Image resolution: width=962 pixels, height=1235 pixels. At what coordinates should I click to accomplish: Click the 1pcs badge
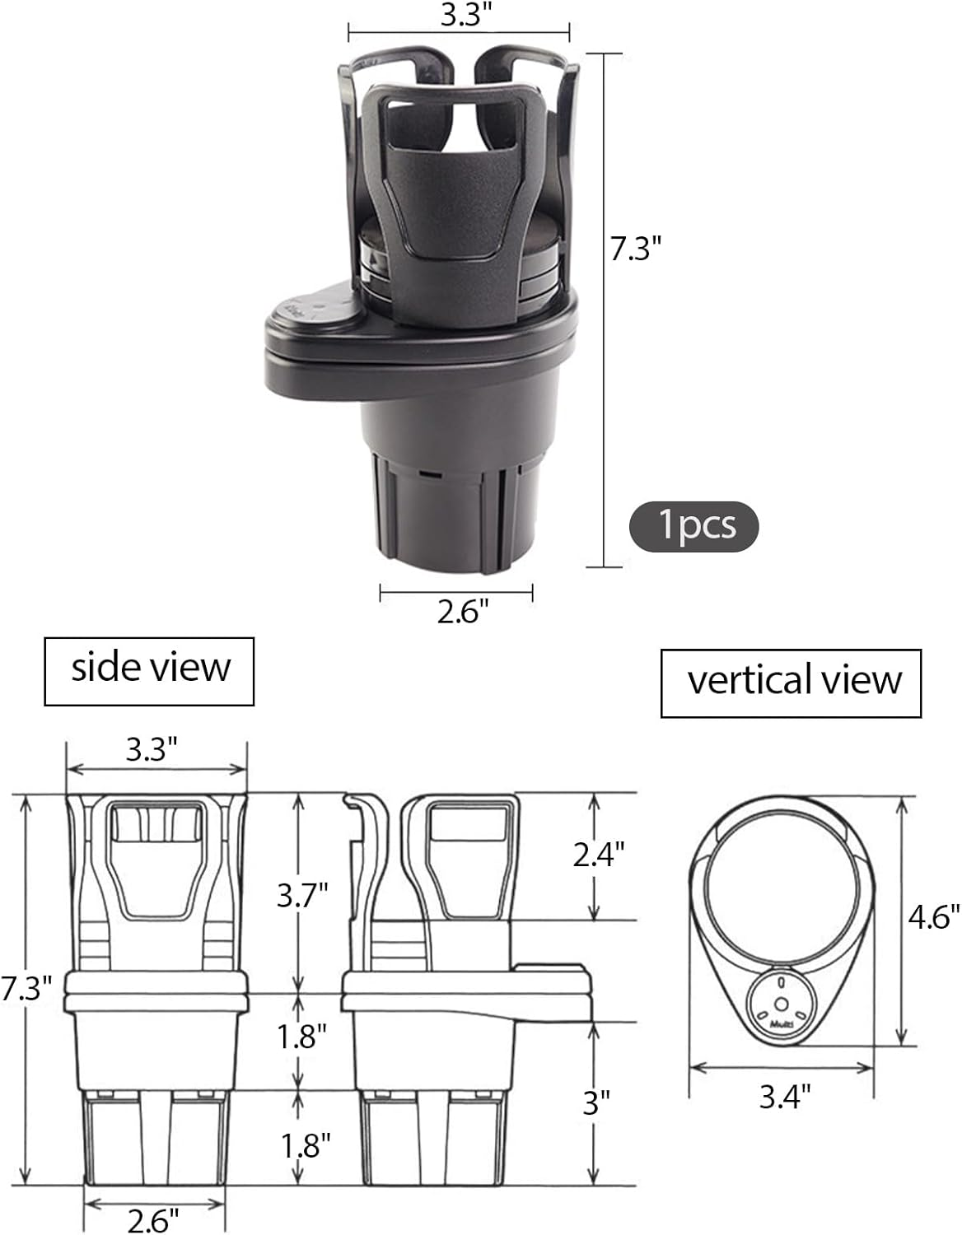pyautogui.click(x=693, y=525)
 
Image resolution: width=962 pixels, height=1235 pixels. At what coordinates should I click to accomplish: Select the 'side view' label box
pyautogui.click(x=149, y=670)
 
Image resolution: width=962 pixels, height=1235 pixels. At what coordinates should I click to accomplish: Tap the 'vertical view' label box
pyautogui.click(x=791, y=683)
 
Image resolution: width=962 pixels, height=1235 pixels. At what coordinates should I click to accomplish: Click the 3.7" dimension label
pyautogui.click(x=303, y=893)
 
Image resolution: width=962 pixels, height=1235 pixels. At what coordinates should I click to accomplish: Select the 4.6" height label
pyautogui.click(x=934, y=916)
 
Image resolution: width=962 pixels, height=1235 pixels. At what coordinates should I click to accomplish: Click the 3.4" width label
pyautogui.click(x=785, y=1096)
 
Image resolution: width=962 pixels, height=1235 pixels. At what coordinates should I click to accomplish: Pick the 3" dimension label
pyautogui.click(x=595, y=1102)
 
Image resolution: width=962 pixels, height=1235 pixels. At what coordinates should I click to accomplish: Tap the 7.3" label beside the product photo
pyautogui.click(x=636, y=248)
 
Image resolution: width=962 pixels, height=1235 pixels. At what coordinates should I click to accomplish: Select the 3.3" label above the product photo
pyautogui.click(x=460, y=16)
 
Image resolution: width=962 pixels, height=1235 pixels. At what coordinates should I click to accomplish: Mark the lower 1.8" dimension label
pyautogui.click(x=305, y=1145)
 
